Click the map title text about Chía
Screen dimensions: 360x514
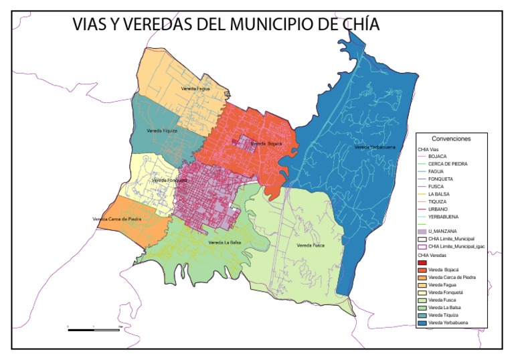pyautogui.click(x=226, y=25)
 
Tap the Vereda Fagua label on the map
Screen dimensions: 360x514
pyautogui.click(x=195, y=88)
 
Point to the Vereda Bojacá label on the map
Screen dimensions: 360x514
pyautogui.click(x=266, y=144)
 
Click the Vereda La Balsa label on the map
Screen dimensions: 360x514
pyautogui.click(x=224, y=242)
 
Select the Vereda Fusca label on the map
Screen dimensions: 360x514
pyautogui.click(x=311, y=245)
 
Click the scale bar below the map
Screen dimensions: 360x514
pyautogui.click(x=94, y=329)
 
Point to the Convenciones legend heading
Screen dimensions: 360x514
pyautogui.click(x=450, y=139)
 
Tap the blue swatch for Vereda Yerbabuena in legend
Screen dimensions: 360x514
pyautogui.click(x=422, y=323)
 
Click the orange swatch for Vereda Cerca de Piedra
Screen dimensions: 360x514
pyautogui.click(x=422, y=277)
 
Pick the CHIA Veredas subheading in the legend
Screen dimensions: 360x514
pyautogui.click(x=432, y=255)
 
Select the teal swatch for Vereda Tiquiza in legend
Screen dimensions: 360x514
pyautogui.click(x=422, y=315)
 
